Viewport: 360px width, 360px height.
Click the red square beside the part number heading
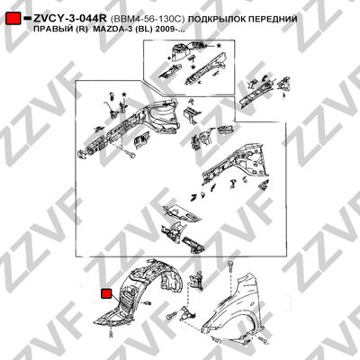point(13,19)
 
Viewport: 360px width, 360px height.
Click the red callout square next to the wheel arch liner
point(106,294)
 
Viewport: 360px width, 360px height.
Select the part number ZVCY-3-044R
point(70,19)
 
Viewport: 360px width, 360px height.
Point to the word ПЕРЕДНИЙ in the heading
point(270,19)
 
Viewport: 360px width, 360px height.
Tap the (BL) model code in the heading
point(139,30)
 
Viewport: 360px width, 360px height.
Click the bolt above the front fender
point(230,265)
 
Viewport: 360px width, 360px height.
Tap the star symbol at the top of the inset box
point(219,46)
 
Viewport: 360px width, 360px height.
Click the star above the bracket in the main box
point(124,94)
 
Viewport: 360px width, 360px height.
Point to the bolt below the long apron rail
point(130,155)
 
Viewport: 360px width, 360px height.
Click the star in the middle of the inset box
point(193,67)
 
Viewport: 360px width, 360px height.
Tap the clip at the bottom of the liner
point(111,334)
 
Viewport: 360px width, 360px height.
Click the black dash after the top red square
point(27,19)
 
